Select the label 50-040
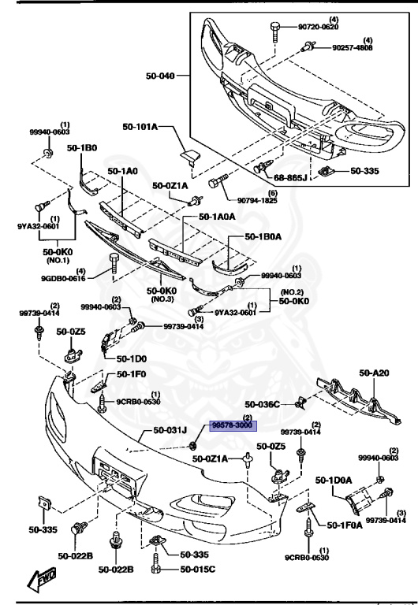[162, 76]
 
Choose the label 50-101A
[140, 127]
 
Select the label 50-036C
[263, 404]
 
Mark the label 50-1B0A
[264, 236]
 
